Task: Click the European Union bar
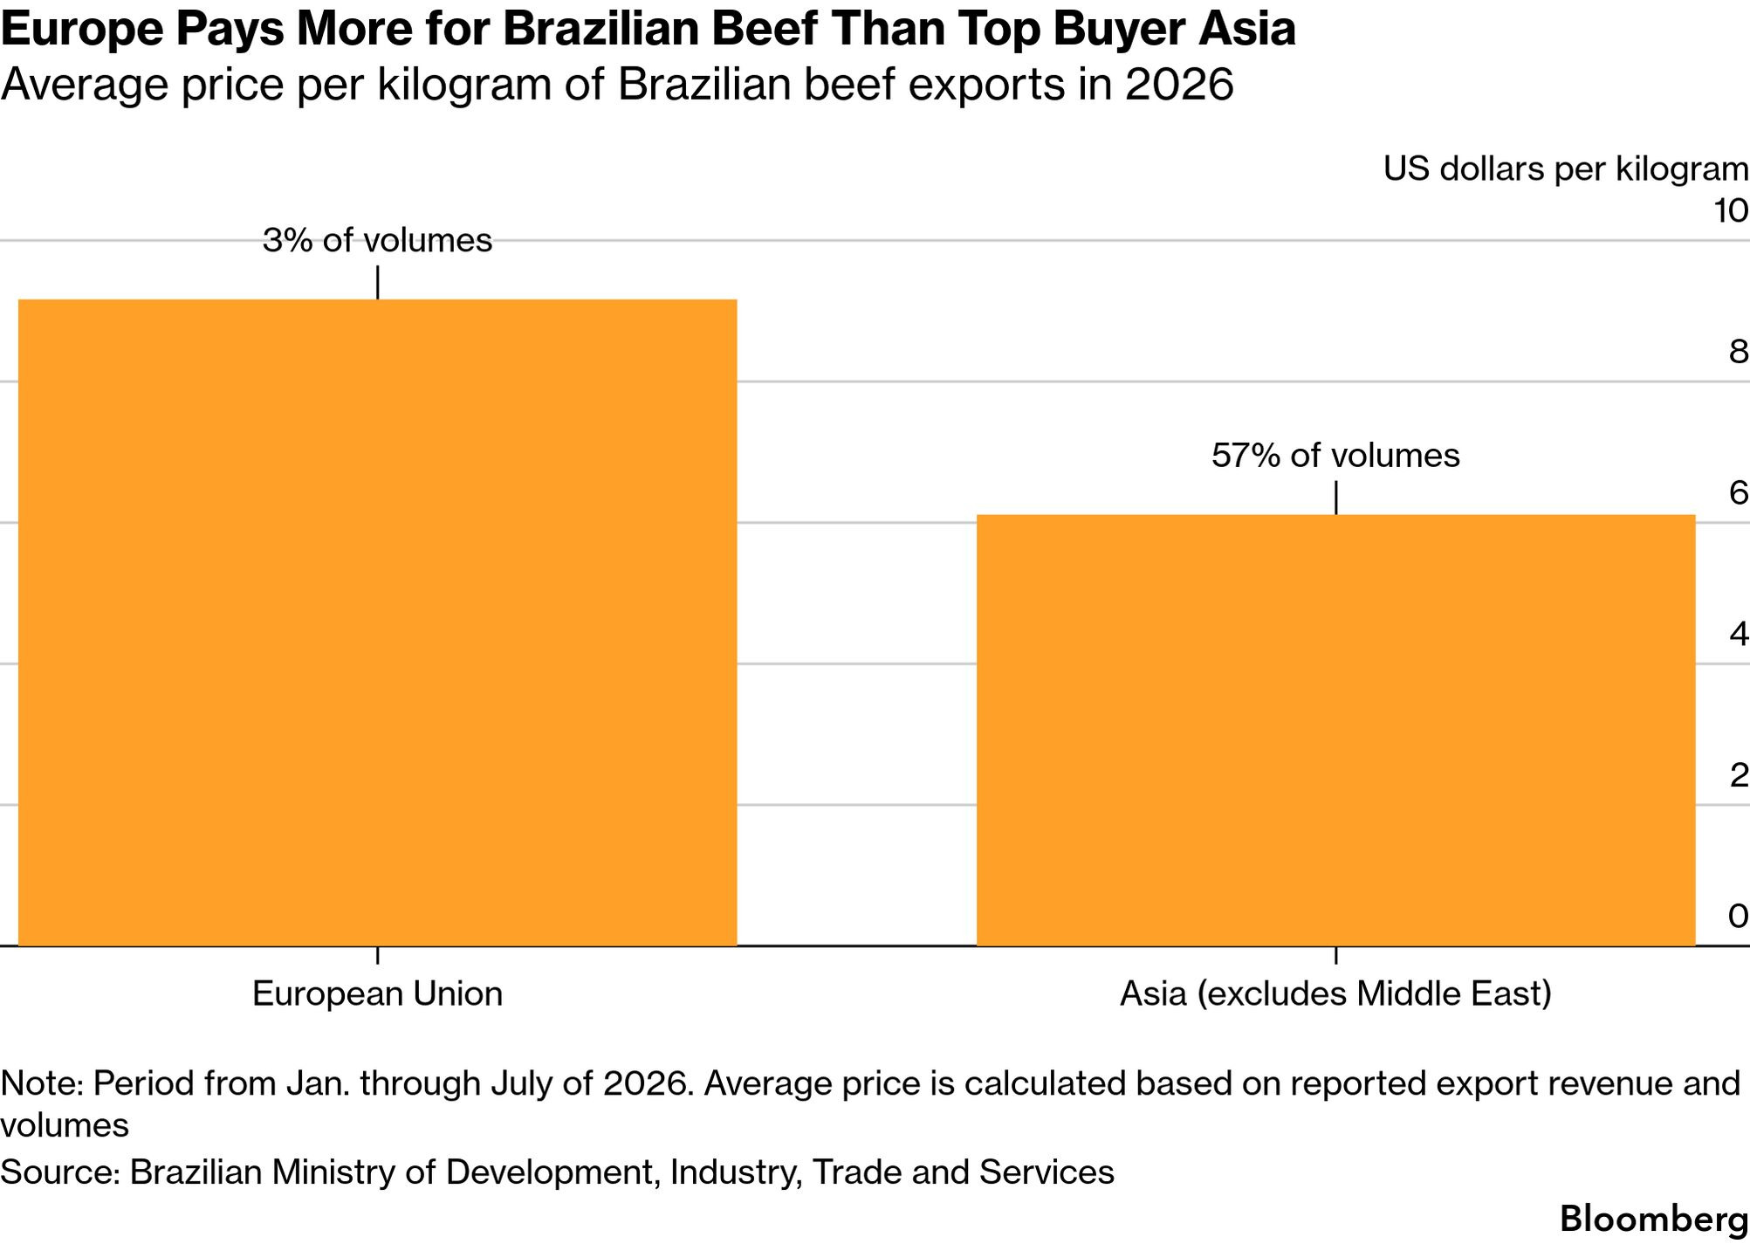[x=377, y=622]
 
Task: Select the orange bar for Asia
[x=1335, y=730]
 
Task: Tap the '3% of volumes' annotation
[x=377, y=240]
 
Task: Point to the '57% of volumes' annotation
[x=1335, y=455]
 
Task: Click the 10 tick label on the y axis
[x=1731, y=210]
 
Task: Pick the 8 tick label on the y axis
[x=1739, y=352]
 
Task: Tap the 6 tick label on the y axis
[x=1739, y=493]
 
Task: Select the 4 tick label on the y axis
[x=1739, y=634]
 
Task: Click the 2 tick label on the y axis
[x=1739, y=775]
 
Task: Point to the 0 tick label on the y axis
[x=1739, y=916]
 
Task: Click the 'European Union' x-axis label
[x=377, y=993]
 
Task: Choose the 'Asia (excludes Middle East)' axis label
[x=1335, y=994]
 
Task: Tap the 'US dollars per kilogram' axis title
[x=1566, y=169]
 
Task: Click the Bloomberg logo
[x=1654, y=1219]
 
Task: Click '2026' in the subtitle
[x=1178, y=85]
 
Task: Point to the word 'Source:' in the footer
[x=60, y=1172]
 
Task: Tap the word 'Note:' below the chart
[x=42, y=1083]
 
